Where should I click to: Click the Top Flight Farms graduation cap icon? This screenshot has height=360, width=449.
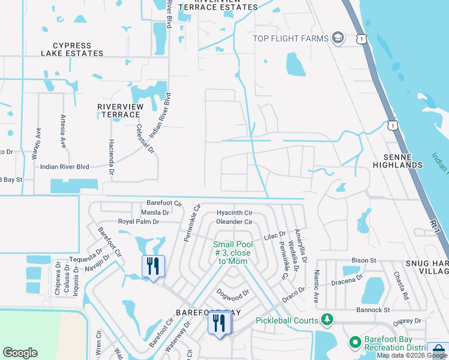[338, 38]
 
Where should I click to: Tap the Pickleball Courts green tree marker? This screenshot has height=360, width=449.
[327, 319]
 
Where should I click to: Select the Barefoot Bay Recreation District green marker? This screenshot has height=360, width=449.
[355, 343]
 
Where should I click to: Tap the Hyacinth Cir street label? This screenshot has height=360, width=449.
[235, 213]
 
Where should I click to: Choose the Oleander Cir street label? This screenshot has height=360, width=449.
[234, 222]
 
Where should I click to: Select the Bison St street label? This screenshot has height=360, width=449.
[364, 261]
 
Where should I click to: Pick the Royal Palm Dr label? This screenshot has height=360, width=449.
[139, 221]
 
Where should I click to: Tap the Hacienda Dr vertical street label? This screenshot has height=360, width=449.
[111, 158]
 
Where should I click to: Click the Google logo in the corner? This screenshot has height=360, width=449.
[20, 353]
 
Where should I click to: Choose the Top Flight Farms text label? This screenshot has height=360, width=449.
[291, 38]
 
